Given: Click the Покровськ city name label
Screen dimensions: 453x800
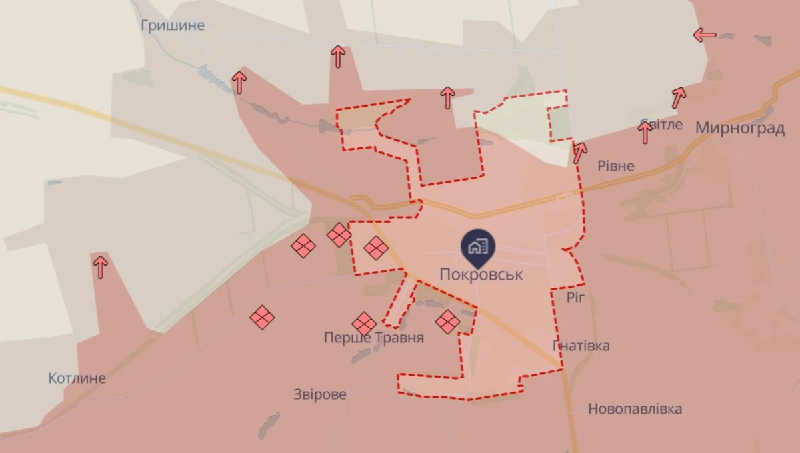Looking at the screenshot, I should click(481, 274).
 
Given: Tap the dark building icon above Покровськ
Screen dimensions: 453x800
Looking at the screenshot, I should click(477, 247).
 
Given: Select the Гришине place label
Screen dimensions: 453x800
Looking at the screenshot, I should click(173, 26).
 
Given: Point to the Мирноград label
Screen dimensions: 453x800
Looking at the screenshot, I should click(739, 129).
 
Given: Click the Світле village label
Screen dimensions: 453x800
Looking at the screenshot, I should click(661, 124).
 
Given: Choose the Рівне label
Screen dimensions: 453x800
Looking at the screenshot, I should click(616, 166).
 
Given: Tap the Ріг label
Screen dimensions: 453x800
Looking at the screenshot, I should click(575, 298).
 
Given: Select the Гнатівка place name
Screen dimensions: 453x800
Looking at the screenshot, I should click(581, 346).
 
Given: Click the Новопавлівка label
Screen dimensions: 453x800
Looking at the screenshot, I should click(635, 409).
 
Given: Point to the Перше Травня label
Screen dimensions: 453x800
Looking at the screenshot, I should click(373, 338).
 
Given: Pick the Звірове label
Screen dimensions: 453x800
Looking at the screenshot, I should click(320, 394).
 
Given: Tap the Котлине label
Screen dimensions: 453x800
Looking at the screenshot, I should click(77, 378).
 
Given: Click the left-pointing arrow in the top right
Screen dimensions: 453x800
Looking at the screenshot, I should click(705, 35).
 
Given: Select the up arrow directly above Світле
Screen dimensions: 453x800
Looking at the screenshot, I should click(645, 133).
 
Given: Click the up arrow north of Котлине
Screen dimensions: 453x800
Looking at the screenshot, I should click(101, 267).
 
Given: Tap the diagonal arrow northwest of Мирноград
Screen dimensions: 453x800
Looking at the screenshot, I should click(679, 97).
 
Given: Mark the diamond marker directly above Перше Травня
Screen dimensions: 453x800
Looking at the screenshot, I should click(364, 324).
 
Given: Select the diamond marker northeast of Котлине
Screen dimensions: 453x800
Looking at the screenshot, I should click(262, 317).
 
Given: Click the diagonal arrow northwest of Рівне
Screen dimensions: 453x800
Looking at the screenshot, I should click(580, 153).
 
